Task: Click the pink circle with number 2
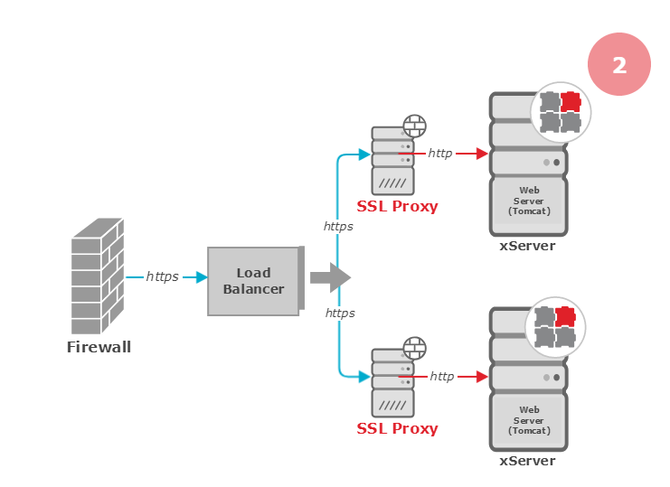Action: pyautogui.click(x=619, y=64)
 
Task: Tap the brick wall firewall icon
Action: pyautogui.click(x=97, y=276)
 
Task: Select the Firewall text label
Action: pyautogui.click(x=99, y=347)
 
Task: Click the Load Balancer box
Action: pyautogui.click(x=254, y=281)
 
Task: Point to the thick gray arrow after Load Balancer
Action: pyautogui.click(x=330, y=277)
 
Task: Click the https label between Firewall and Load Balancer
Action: pyautogui.click(x=163, y=276)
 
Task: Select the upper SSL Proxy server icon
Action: pyautogui.click(x=393, y=160)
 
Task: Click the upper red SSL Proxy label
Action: pyautogui.click(x=397, y=206)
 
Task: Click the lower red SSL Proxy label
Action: pyautogui.click(x=397, y=428)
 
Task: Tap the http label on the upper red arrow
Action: pyautogui.click(x=440, y=154)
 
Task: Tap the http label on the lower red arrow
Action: pyautogui.click(x=442, y=376)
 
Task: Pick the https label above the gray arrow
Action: pyautogui.click(x=338, y=226)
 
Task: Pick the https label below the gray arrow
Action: pyautogui.click(x=340, y=313)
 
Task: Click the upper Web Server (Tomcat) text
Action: pyautogui.click(x=529, y=201)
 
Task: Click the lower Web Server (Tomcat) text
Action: pyautogui.click(x=529, y=421)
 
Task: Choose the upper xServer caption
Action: pyautogui.click(x=527, y=246)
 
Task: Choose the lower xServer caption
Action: pyautogui.click(x=527, y=461)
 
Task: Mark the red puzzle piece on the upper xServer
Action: pyautogui.click(x=570, y=101)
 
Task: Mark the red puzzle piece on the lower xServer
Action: pyautogui.click(x=565, y=316)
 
